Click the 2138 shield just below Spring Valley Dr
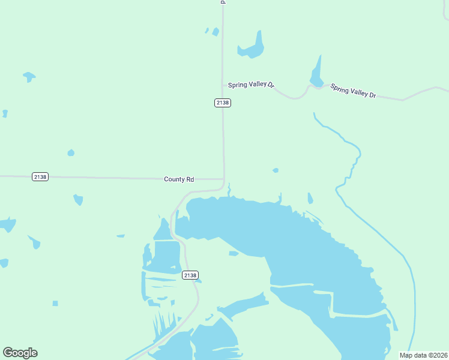[x=222, y=103]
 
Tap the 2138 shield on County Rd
[x=40, y=176]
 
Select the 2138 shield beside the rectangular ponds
[x=190, y=275]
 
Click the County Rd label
[x=179, y=179]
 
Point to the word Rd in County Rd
[x=190, y=179]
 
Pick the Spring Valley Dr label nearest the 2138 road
[x=251, y=86]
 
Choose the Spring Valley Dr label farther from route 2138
[x=353, y=91]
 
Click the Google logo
[x=20, y=353]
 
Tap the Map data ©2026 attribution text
[x=423, y=355]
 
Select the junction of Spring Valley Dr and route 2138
[x=223, y=85]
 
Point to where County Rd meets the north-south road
[x=223, y=179]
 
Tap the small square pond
[x=55, y=303]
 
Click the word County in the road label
[x=172, y=179]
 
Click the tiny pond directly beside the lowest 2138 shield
[x=199, y=280]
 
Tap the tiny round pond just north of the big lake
[x=276, y=170]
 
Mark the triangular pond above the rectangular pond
[x=163, y=230]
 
